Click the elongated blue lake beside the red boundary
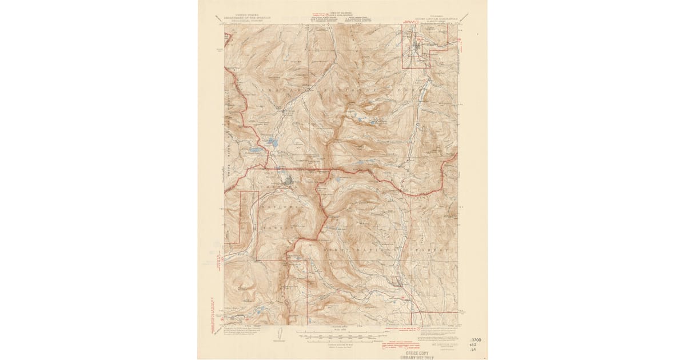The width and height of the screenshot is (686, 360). tap(254, 151)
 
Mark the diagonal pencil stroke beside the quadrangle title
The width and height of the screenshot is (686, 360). tap(466, 17)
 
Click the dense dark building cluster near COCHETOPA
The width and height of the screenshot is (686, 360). tap(290, 182)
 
